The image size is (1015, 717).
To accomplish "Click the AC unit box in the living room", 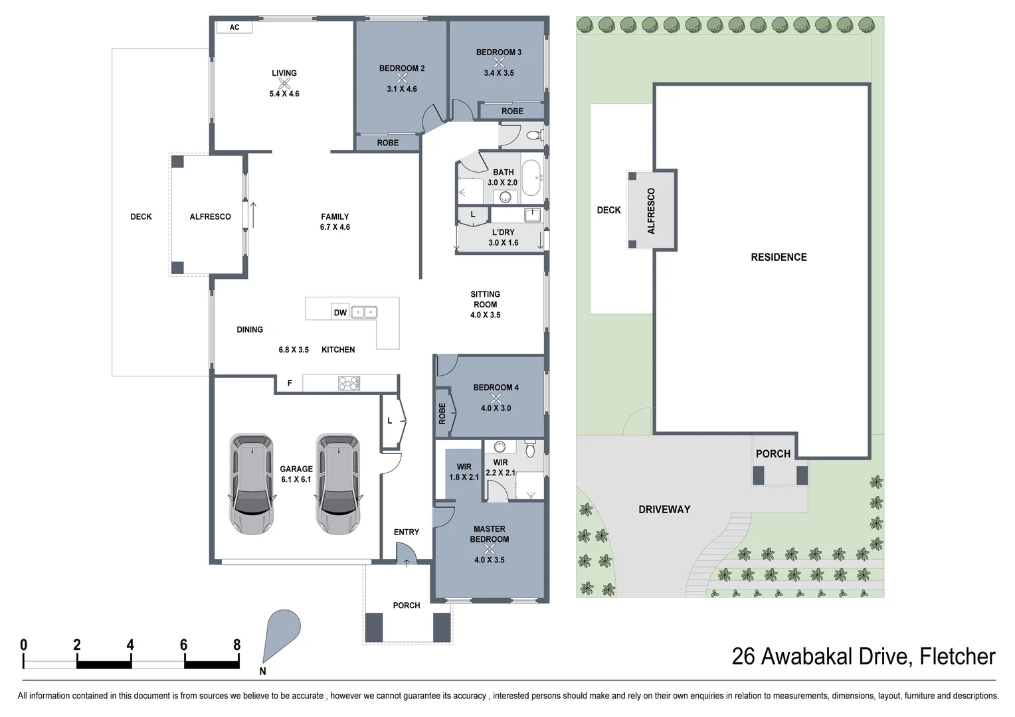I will pos(234,27).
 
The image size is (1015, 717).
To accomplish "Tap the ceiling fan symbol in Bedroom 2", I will pos(401,78).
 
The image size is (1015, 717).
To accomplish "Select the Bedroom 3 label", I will pos(498,52).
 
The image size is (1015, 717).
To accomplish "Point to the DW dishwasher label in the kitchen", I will pos(340,313).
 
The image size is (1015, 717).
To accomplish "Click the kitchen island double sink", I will pos(363,312).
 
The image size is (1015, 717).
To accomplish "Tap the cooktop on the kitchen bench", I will pos(349,383).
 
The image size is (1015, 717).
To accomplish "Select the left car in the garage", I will pos(252,484).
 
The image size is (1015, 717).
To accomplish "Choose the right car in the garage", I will pos(338,484).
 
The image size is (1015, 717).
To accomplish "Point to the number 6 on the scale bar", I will pos(184,645).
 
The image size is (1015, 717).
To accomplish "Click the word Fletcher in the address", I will pos(957,657).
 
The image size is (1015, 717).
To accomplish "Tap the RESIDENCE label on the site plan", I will pos(779,257).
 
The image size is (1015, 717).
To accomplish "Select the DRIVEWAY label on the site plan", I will pos(664,509).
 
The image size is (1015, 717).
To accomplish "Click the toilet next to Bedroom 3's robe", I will pos(533,136).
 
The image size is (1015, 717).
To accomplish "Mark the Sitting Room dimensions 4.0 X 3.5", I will pos(485,315).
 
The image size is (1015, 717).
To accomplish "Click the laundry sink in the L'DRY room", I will pos(532,214).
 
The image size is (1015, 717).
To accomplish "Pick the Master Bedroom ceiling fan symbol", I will pos(490,550).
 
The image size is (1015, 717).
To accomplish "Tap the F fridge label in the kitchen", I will pos(290,383).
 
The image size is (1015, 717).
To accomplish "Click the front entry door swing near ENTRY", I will pos(405,553).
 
